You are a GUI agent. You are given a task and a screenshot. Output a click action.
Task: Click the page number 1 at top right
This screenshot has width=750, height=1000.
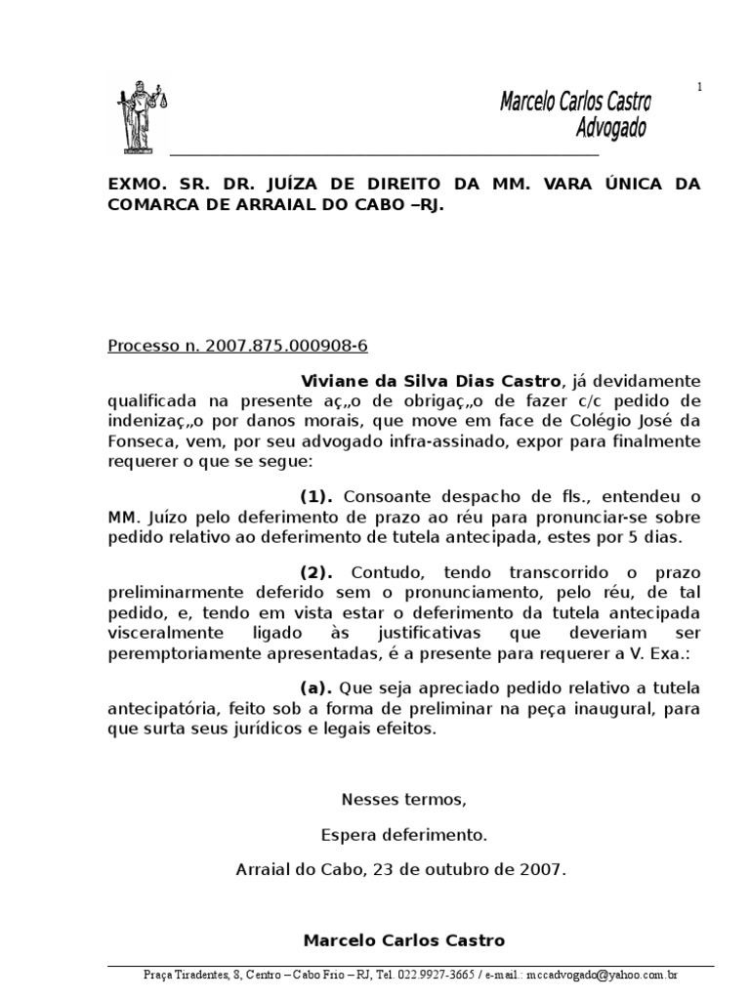(699, 88)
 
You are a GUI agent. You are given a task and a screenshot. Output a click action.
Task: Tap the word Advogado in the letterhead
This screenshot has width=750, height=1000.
(611, 128)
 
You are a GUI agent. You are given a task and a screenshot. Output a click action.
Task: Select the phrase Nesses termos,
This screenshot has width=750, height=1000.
(404, 800)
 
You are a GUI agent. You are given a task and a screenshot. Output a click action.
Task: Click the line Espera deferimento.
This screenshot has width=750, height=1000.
(403, 835)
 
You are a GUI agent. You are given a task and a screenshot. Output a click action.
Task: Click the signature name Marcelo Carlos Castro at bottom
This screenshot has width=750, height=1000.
(404, 941)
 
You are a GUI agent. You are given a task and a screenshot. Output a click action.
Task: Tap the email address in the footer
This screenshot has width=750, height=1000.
(603, 976)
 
